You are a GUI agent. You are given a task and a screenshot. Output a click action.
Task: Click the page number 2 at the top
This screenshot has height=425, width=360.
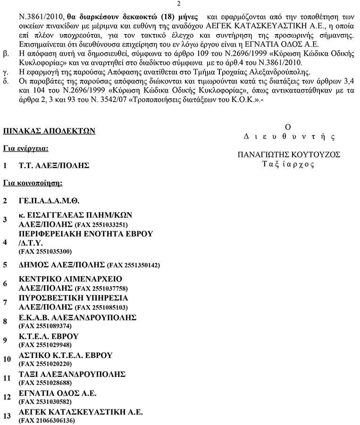tap(180, 4)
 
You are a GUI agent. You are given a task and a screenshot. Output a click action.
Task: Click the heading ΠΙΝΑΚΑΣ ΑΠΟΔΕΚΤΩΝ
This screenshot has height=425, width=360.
tap(49, 131)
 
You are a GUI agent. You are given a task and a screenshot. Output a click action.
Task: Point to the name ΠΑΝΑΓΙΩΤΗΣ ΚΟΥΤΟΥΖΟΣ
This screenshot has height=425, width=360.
tap(289, 154)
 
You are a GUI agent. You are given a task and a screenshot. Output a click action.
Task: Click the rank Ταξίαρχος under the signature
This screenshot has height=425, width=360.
tap(288, 164)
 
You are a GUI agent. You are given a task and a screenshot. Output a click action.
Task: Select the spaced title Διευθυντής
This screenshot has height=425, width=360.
tap(288, 137)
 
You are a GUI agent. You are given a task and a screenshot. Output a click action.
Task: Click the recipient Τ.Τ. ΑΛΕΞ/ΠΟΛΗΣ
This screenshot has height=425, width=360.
tap(53, 166)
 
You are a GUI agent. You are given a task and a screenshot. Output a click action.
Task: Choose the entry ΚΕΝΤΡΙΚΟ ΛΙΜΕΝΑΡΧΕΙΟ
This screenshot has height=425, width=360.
tap(70, 278)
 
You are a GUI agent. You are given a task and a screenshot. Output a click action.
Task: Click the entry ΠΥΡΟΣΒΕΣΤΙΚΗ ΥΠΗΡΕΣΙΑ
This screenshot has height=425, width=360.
tap(73, 298)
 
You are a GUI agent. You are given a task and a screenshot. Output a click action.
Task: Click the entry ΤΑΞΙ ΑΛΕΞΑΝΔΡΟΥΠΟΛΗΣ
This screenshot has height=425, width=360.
tap(72, 374)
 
